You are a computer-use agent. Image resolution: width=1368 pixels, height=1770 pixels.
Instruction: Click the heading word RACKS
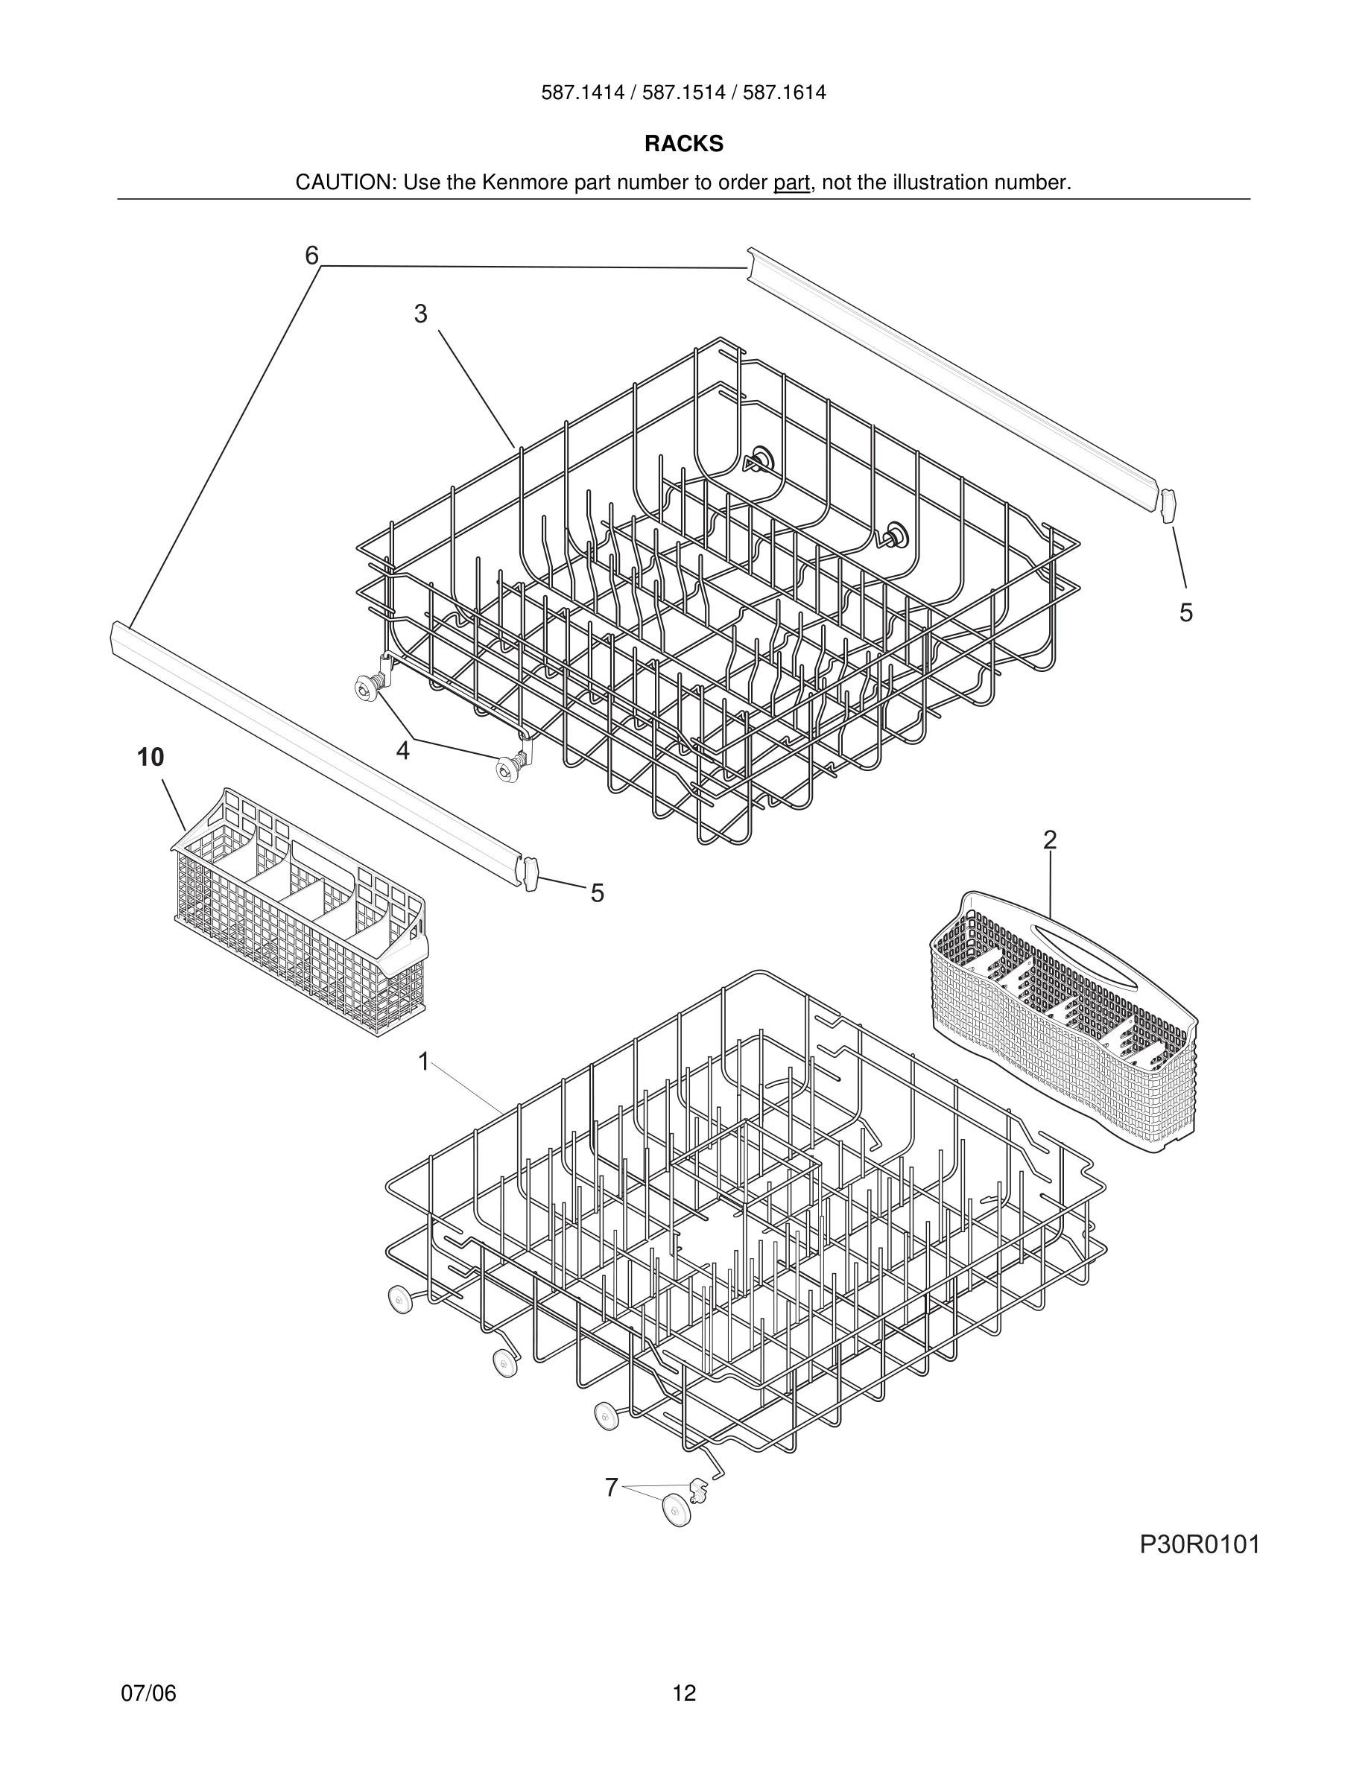pyautogui.click(x=683, y=144)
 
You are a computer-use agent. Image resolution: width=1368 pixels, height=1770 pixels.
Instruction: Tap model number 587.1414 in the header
pyautogui.click(x=583, y=92)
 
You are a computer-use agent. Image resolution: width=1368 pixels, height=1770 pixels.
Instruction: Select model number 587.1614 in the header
pyautogui.click(x=785, y=92)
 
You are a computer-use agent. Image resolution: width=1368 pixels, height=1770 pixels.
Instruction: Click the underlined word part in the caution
pyautogui.click(x=791, y=183)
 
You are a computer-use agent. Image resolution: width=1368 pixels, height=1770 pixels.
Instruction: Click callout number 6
pyautogui.click(x=312, y=256)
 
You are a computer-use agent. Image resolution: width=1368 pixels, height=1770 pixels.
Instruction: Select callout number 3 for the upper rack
pyautogui.click(x=419, y=314)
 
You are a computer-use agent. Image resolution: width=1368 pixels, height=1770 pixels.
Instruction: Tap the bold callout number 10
pyautogui.click(x=151, y=758)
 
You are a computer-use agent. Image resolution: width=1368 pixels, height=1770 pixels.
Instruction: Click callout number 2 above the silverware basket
pyautogui.click(x=1050, y=840)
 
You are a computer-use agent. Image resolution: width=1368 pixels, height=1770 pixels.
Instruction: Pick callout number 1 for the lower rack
pyautogui.click(x=423, y=1061)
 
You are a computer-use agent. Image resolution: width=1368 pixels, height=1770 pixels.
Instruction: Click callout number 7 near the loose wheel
pyautogui.click(x=612, y=1487)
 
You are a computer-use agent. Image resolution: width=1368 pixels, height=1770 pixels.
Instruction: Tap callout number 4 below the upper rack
pyautogui.click(x=403, y=751)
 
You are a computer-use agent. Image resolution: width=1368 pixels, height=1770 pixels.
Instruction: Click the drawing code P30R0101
pyautogui.click(x=1200, y=1545)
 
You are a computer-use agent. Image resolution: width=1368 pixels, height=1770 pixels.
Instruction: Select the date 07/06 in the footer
pyautogui.click(x=148, y=1693)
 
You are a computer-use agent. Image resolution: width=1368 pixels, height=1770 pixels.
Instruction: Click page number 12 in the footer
pyautogui.click(x=684, y=1693)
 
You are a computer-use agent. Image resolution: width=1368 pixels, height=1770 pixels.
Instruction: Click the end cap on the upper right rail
pyautogui.click(x=1168, y=506)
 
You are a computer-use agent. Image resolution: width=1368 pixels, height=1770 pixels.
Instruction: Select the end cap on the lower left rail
pyautogui.click(x=531, y=874)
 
